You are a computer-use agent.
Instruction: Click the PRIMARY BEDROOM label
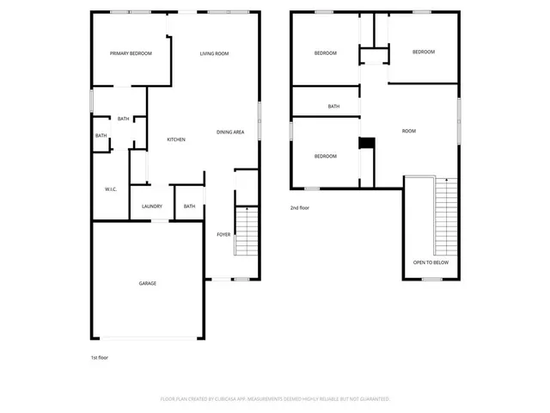pyautogui.click(x=131, y=53)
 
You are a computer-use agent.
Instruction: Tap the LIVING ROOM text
pyautogui.click(x=214, y=53)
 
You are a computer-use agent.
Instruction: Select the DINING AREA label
pyautogui.click(x=230, y=132)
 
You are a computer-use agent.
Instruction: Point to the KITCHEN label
pyautogui.click(x=176, y=139)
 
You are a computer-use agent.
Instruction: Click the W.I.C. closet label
pyautogui.click(x=111, y=188)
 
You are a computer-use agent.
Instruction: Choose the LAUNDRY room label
pyautogui.click(x=152, y=206)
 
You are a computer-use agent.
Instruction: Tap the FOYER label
pyautogui.click(x=223, y=234)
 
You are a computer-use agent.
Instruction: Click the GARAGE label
pyautogui.click(x=148, y=283)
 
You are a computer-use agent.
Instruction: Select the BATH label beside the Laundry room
pyautogui.click(x=189, y=206)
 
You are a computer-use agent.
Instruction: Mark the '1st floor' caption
pyautogui.click(x=100, y=357)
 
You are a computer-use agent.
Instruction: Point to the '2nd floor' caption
pyautogui.click(x=299, y=207)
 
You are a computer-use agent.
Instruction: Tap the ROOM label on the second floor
pyautogui.click(x=409, y=131)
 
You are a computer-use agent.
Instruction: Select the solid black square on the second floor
pyautogui.click(x=366, y=144)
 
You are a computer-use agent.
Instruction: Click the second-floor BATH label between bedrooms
pyautogui.click(x=333, y=107)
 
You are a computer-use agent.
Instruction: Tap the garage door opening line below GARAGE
pyautogui.click(x=148, y=337)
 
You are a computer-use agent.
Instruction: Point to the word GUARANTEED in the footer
pyautogui.click(x=373, y=399)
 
